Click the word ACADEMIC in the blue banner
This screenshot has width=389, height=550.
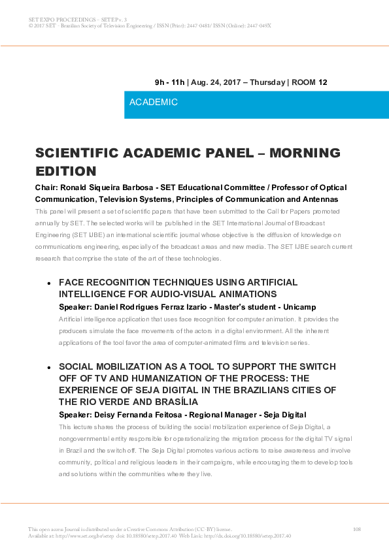point(154,103)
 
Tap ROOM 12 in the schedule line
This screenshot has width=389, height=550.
point(309,82)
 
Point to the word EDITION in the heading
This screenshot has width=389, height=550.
point(65,171)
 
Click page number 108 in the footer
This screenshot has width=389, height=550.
point(356,528)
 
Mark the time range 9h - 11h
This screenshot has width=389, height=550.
point(169,82)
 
